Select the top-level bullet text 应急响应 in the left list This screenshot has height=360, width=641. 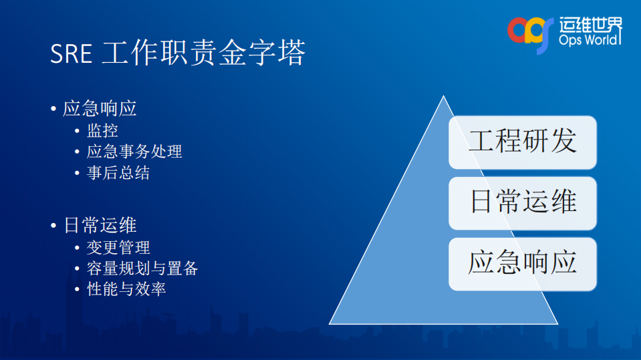point(100,109)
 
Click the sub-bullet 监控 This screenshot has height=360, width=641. point(102,130)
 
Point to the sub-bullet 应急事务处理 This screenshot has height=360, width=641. point(134,152)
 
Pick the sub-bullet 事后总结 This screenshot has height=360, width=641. point(118,173)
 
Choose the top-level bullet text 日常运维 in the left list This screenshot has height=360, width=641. point(100,224)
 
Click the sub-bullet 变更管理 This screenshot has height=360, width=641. point(118,247)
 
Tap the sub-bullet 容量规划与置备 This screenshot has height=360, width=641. point(142,268)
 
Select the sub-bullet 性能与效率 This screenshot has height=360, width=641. point(126,289)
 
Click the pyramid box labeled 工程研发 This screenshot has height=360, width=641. point(522,142)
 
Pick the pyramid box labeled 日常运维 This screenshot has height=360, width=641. point(522,202)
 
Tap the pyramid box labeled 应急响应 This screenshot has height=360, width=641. point(522,263)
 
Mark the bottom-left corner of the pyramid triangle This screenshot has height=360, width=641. point(330,323)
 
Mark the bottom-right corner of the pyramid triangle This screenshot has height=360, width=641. point(557,323)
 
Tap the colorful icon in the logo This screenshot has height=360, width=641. point(531,31)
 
